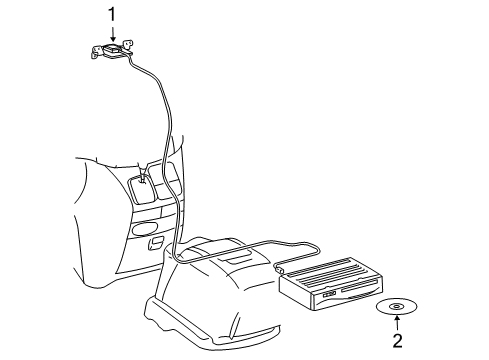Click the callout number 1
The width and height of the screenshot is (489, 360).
112,15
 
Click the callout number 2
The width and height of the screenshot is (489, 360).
397,340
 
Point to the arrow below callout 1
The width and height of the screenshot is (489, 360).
112,34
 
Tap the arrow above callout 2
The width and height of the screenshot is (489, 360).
397,323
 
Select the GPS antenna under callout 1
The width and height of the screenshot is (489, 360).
112,51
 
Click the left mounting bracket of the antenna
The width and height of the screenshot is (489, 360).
97,52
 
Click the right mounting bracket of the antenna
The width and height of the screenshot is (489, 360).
128,46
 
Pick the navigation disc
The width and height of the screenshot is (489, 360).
397,307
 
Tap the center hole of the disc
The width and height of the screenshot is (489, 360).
397,306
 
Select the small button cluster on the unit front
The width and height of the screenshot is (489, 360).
329,294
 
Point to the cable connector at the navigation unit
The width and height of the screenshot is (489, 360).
278,268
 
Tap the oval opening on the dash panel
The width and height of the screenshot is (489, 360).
143,229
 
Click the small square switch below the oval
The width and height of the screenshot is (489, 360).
156,242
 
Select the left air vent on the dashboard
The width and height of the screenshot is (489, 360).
142,189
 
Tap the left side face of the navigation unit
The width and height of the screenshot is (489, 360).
296,293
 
